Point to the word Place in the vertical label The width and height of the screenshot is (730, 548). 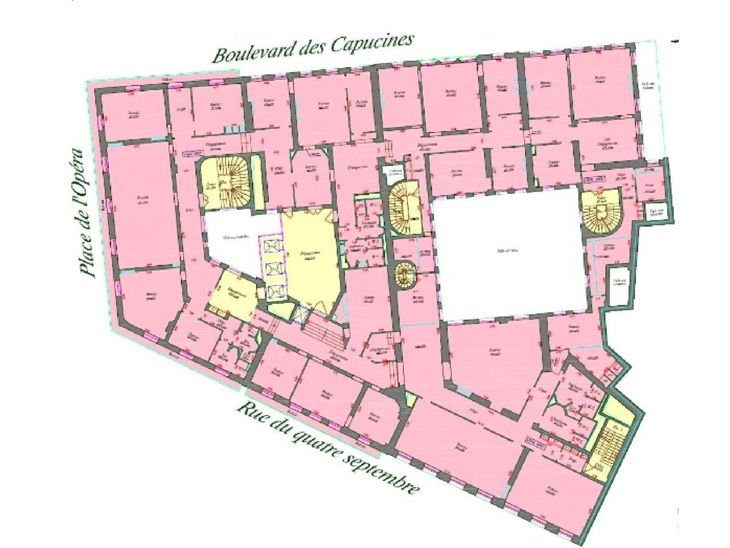click(x=87, y=251)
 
